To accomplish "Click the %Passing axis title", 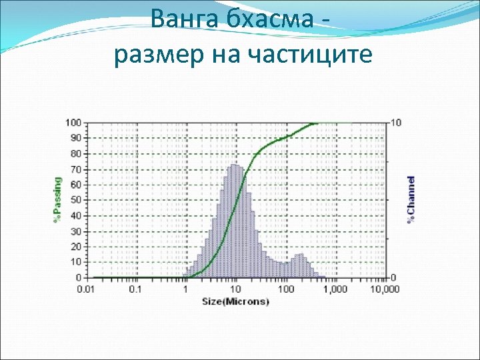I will [57, 199].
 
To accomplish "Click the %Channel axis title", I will [411, 199].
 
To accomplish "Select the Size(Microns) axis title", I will [236, 301].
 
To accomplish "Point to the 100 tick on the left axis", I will [73, 123].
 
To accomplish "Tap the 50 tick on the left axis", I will [76, 200].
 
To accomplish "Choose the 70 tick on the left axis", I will [76, 169].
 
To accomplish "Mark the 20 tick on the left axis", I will [76, 247].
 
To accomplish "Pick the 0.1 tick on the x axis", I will [135, 289].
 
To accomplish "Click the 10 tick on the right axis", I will [397, 123].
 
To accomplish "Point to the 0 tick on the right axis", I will [395, 277].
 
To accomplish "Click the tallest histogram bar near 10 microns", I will [234, 220].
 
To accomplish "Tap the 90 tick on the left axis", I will [76, 138].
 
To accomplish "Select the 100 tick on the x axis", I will [285, 289].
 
